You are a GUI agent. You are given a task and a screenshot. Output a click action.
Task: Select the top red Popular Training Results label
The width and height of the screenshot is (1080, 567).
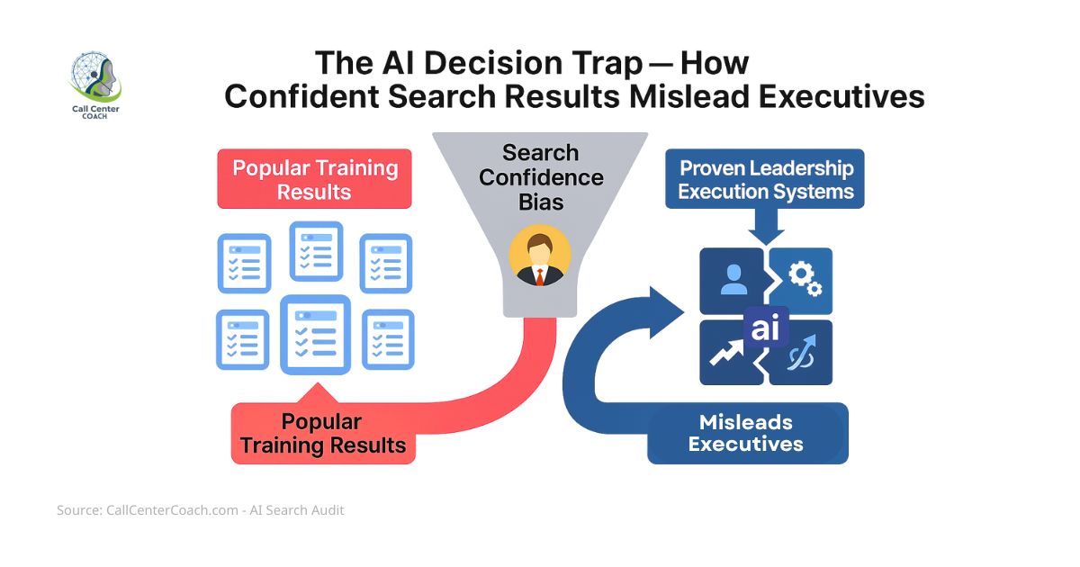click(314, 179)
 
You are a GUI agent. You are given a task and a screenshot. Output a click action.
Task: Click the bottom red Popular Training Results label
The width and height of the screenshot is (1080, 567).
click(322, 433)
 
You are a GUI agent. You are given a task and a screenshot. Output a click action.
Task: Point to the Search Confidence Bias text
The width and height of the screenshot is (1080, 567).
click(540, 176)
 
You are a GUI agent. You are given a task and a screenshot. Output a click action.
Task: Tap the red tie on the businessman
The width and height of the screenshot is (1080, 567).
click(540, 275)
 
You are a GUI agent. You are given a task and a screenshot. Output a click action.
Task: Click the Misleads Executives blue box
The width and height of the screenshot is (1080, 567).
click(746, 433)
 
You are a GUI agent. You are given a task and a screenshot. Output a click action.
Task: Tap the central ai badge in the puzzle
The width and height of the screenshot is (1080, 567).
click(766, 328)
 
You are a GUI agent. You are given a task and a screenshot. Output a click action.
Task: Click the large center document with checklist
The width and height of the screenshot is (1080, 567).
click(315, 334)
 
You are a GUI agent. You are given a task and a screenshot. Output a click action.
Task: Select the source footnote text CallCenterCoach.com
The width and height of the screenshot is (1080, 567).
click(158, 510)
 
